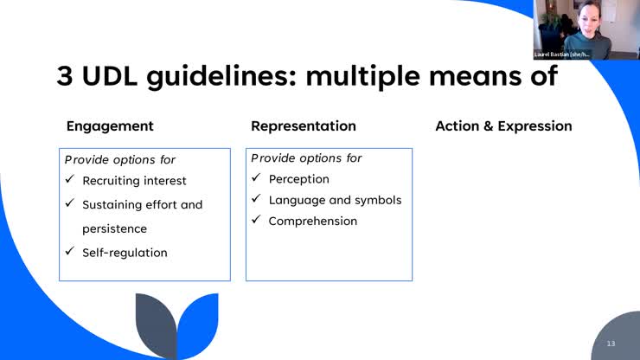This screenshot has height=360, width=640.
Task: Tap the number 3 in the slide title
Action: pos(66,76)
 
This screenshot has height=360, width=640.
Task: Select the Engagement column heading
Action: pos(110,125)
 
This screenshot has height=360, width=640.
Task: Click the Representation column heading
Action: pos(304,125)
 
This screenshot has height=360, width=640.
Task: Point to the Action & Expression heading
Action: pos(503,125)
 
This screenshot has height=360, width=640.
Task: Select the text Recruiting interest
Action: pos(134,181)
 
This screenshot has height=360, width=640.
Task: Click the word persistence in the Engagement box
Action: pos(114,228)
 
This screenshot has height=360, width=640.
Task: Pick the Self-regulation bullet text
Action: pos(125,253)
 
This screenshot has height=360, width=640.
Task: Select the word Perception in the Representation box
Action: pos(298,179)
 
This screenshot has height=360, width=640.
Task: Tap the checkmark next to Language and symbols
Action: pos(256,200)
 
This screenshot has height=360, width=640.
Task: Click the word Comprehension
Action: pos(312,221)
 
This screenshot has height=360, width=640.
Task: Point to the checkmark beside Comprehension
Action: pos(256,221)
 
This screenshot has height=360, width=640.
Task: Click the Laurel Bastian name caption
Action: pos(561,54)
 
